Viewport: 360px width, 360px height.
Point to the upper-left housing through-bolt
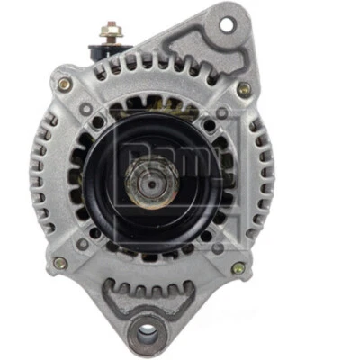(x=63, y=84)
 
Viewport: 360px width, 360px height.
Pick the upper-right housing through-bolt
(x=243, y=88)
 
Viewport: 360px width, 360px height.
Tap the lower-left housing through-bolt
(x=59, y=263)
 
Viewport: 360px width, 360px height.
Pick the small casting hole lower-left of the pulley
(x=83, y=243)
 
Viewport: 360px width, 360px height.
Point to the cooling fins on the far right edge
(x=266, y=180)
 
